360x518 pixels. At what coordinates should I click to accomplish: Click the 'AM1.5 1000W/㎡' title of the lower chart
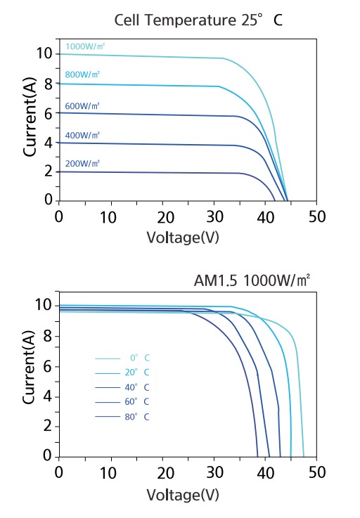tap(252, 280)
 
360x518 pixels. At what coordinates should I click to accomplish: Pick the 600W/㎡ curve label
tap(82, 106)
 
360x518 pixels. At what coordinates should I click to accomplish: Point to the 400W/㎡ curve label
tap(82, 134)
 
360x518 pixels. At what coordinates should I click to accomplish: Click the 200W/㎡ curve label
tap(82, 163)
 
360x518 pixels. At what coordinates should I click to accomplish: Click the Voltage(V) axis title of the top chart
tap(183, 237)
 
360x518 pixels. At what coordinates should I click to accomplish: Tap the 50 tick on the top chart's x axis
tap(316, 215)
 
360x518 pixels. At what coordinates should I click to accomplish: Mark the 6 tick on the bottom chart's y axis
tap(46, 365)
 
